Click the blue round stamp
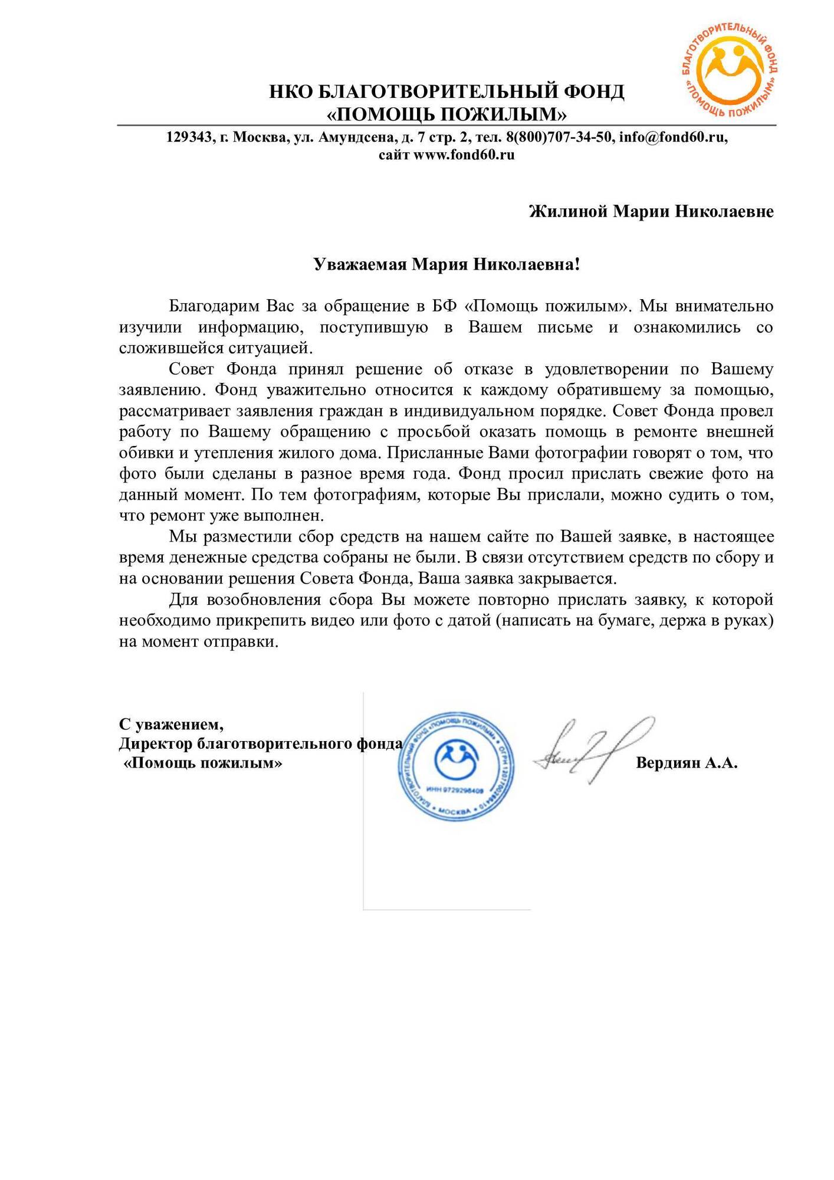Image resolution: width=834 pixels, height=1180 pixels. [x=456, y=766]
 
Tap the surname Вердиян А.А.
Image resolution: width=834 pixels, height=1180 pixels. [x=687, y=763]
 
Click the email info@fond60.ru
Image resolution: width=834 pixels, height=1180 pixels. [x=673, y=137]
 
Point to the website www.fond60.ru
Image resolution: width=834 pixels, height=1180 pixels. [x=464, y=155]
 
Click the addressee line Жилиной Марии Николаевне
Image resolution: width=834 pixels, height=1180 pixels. [x=651, y=211]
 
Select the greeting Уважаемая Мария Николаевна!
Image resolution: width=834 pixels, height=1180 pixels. [x=446, y=264]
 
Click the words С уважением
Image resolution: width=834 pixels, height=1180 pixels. [x=171, y=723]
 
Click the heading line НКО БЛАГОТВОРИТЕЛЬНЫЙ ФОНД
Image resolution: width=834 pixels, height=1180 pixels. [x=446, y=92]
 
